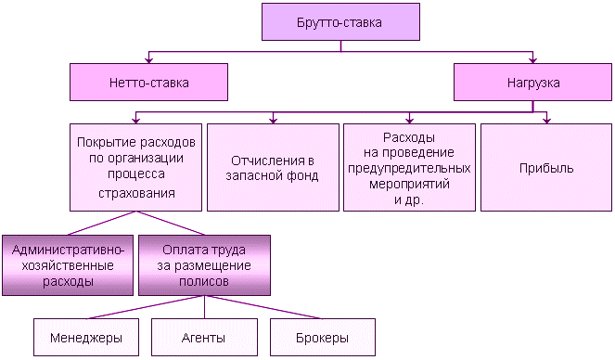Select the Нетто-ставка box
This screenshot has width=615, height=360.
(x=148, y=83)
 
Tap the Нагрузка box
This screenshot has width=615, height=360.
(x=532, y=83)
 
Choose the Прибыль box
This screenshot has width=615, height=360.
(x=546, y=168)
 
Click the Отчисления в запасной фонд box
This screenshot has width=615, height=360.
(x=273, y=168)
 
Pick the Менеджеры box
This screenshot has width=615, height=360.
(x=78, y=337)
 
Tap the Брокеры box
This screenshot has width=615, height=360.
(x=322, y=337)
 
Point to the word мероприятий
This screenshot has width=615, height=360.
(x=409, y=184)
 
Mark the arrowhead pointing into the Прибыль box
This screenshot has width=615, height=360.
(x=546, y=120)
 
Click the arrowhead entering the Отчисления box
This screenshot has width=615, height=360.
(x=273, y=120)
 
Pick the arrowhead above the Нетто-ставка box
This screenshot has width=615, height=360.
(x=148, y=58)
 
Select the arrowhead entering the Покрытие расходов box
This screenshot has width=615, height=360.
(x=136, y=120)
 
